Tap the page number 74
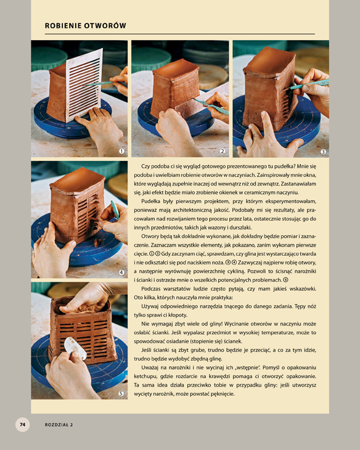tap(22, 424)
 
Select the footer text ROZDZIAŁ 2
tap(59, 425)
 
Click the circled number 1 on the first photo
tap(121, 151)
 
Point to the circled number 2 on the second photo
tap(223, 151)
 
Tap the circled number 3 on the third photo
tap(323, 152)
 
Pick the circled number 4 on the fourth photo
tap(121, 272)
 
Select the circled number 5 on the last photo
tap(121, 393)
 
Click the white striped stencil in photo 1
tap(84, 84)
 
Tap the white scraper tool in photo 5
tap(75, 348)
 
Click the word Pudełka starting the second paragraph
tap(150, 202)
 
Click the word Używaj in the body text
tap(149, 306)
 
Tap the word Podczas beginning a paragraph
tap(150, 288)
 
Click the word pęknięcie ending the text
tap(222, 394)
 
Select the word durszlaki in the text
tap(240, 227)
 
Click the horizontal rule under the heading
tap(180, 34)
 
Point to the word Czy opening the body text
tap(145, 166)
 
